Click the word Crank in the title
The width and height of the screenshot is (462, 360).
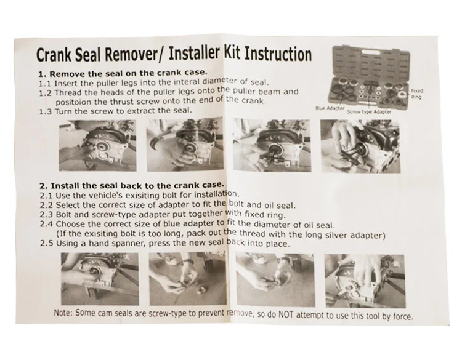coord(54,55)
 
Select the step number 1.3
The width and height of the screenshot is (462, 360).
coord(46,112)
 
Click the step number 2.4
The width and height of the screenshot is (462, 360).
coord(46,224)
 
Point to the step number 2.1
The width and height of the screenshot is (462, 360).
coord(46,196)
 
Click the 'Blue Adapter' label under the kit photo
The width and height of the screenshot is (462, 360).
coord(330,108)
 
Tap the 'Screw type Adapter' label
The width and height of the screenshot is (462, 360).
coord(369,111)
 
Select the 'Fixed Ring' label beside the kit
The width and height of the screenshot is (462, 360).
coord(416,94)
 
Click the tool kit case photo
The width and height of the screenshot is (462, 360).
coord(370,78)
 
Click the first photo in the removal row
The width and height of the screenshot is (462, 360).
coord(97,145)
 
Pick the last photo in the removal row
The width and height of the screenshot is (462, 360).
coord(360,146)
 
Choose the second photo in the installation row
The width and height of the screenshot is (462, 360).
coord(187,279)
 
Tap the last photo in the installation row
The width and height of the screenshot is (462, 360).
coord(365,281)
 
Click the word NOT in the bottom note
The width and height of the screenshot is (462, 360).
coord(286,314)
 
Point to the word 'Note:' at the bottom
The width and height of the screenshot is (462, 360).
coord(63,313)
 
